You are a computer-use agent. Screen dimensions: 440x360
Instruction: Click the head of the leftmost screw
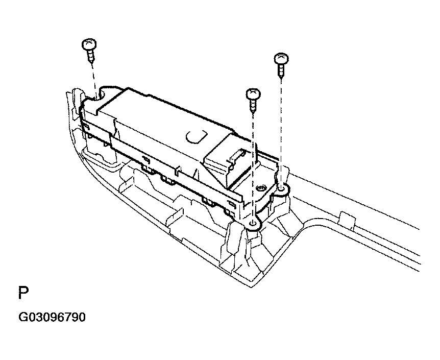(x=89, y=44)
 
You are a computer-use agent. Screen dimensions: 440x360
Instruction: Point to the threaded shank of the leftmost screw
(x=91, y=57)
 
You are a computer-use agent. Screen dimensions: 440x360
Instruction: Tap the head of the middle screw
(x=253, y=94)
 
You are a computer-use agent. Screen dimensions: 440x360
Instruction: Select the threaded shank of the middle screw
(x=253, y=106)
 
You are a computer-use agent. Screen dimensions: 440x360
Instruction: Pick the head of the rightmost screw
(x=281, y=59)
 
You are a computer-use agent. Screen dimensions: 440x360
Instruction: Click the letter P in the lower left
(x=23, y=293)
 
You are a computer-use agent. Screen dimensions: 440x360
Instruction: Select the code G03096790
(x=52, y=317)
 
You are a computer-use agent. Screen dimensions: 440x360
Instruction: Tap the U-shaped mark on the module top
(x=197, y=137)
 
